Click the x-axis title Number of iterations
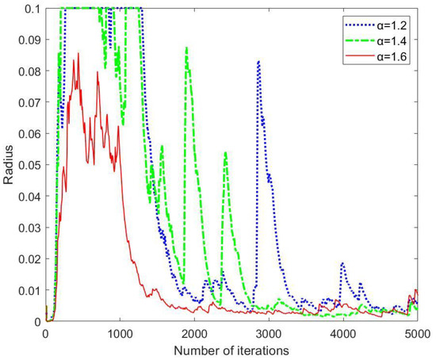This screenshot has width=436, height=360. click(231, 349)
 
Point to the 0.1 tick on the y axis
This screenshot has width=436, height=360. click(33, 8)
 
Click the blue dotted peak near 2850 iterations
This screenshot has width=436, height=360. click(258, 62)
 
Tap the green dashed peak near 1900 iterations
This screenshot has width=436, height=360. click(186, 48)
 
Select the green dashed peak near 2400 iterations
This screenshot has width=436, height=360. click(225, 152)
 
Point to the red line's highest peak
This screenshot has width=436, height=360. click(78, 55)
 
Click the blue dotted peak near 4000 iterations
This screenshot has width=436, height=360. click(342, 263)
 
